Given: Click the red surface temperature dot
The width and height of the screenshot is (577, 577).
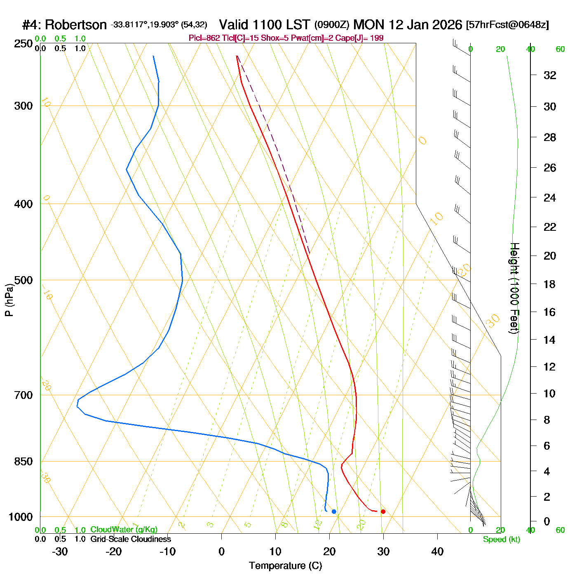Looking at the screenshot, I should (383, 511).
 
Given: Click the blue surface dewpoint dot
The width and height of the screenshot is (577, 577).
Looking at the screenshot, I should (334, 511).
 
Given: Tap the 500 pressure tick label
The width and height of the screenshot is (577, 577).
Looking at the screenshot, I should (23, 280).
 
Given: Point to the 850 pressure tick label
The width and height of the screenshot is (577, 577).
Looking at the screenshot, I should (23, 462).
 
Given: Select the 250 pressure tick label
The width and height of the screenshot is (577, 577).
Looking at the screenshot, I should (23, 44).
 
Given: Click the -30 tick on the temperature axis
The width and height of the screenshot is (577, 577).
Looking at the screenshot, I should (60, 551).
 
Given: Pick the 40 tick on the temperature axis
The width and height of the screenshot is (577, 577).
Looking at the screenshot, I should (437, 551).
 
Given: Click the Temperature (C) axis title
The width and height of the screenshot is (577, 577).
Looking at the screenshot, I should (285, 566).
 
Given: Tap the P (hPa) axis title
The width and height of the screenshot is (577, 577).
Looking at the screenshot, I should (9, 300).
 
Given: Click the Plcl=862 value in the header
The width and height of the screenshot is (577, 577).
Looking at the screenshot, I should (204, 38).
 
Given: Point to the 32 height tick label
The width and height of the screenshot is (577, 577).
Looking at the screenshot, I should (550, 75).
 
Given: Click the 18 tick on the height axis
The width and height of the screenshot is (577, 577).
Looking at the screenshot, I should (550, 284).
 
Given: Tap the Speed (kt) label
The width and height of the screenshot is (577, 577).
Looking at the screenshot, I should (502, 539).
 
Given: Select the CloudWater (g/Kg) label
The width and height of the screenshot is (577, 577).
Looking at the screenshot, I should (124, 530).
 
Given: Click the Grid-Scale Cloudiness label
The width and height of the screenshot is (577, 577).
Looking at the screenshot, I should (131, 539).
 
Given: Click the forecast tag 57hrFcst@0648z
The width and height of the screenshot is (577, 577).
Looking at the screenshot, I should (507, 25).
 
